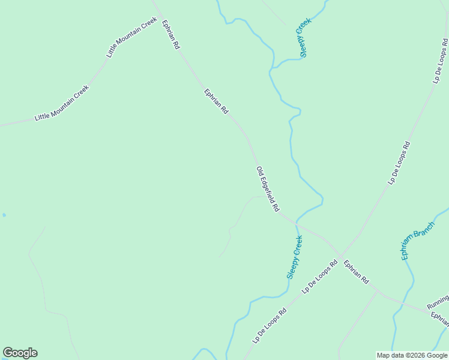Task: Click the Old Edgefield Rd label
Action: pyautogui.click(x=268, y=189)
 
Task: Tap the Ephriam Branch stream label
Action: pyautogui.click(x=418, y=241)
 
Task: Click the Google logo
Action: pyautogui.click(x=20, y=353)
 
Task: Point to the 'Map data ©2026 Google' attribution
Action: pyautogui.click(x=412, y=355)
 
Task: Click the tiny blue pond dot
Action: pyautogui.click(x=4, y=215)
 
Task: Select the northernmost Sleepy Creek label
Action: pyautogui.click(x=306, y=38)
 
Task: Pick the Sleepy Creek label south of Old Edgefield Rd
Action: pyautogui.click(x=295, y=257)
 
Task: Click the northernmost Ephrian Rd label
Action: pyautogui.click(x=171, y=35)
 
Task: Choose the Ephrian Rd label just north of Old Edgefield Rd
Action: pyautogui.click(x=216, y=102)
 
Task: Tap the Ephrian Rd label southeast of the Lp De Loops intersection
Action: pyautogui.click(x=357, y=271)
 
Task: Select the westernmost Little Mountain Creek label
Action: pyautogui.click(x=62, y=103)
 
